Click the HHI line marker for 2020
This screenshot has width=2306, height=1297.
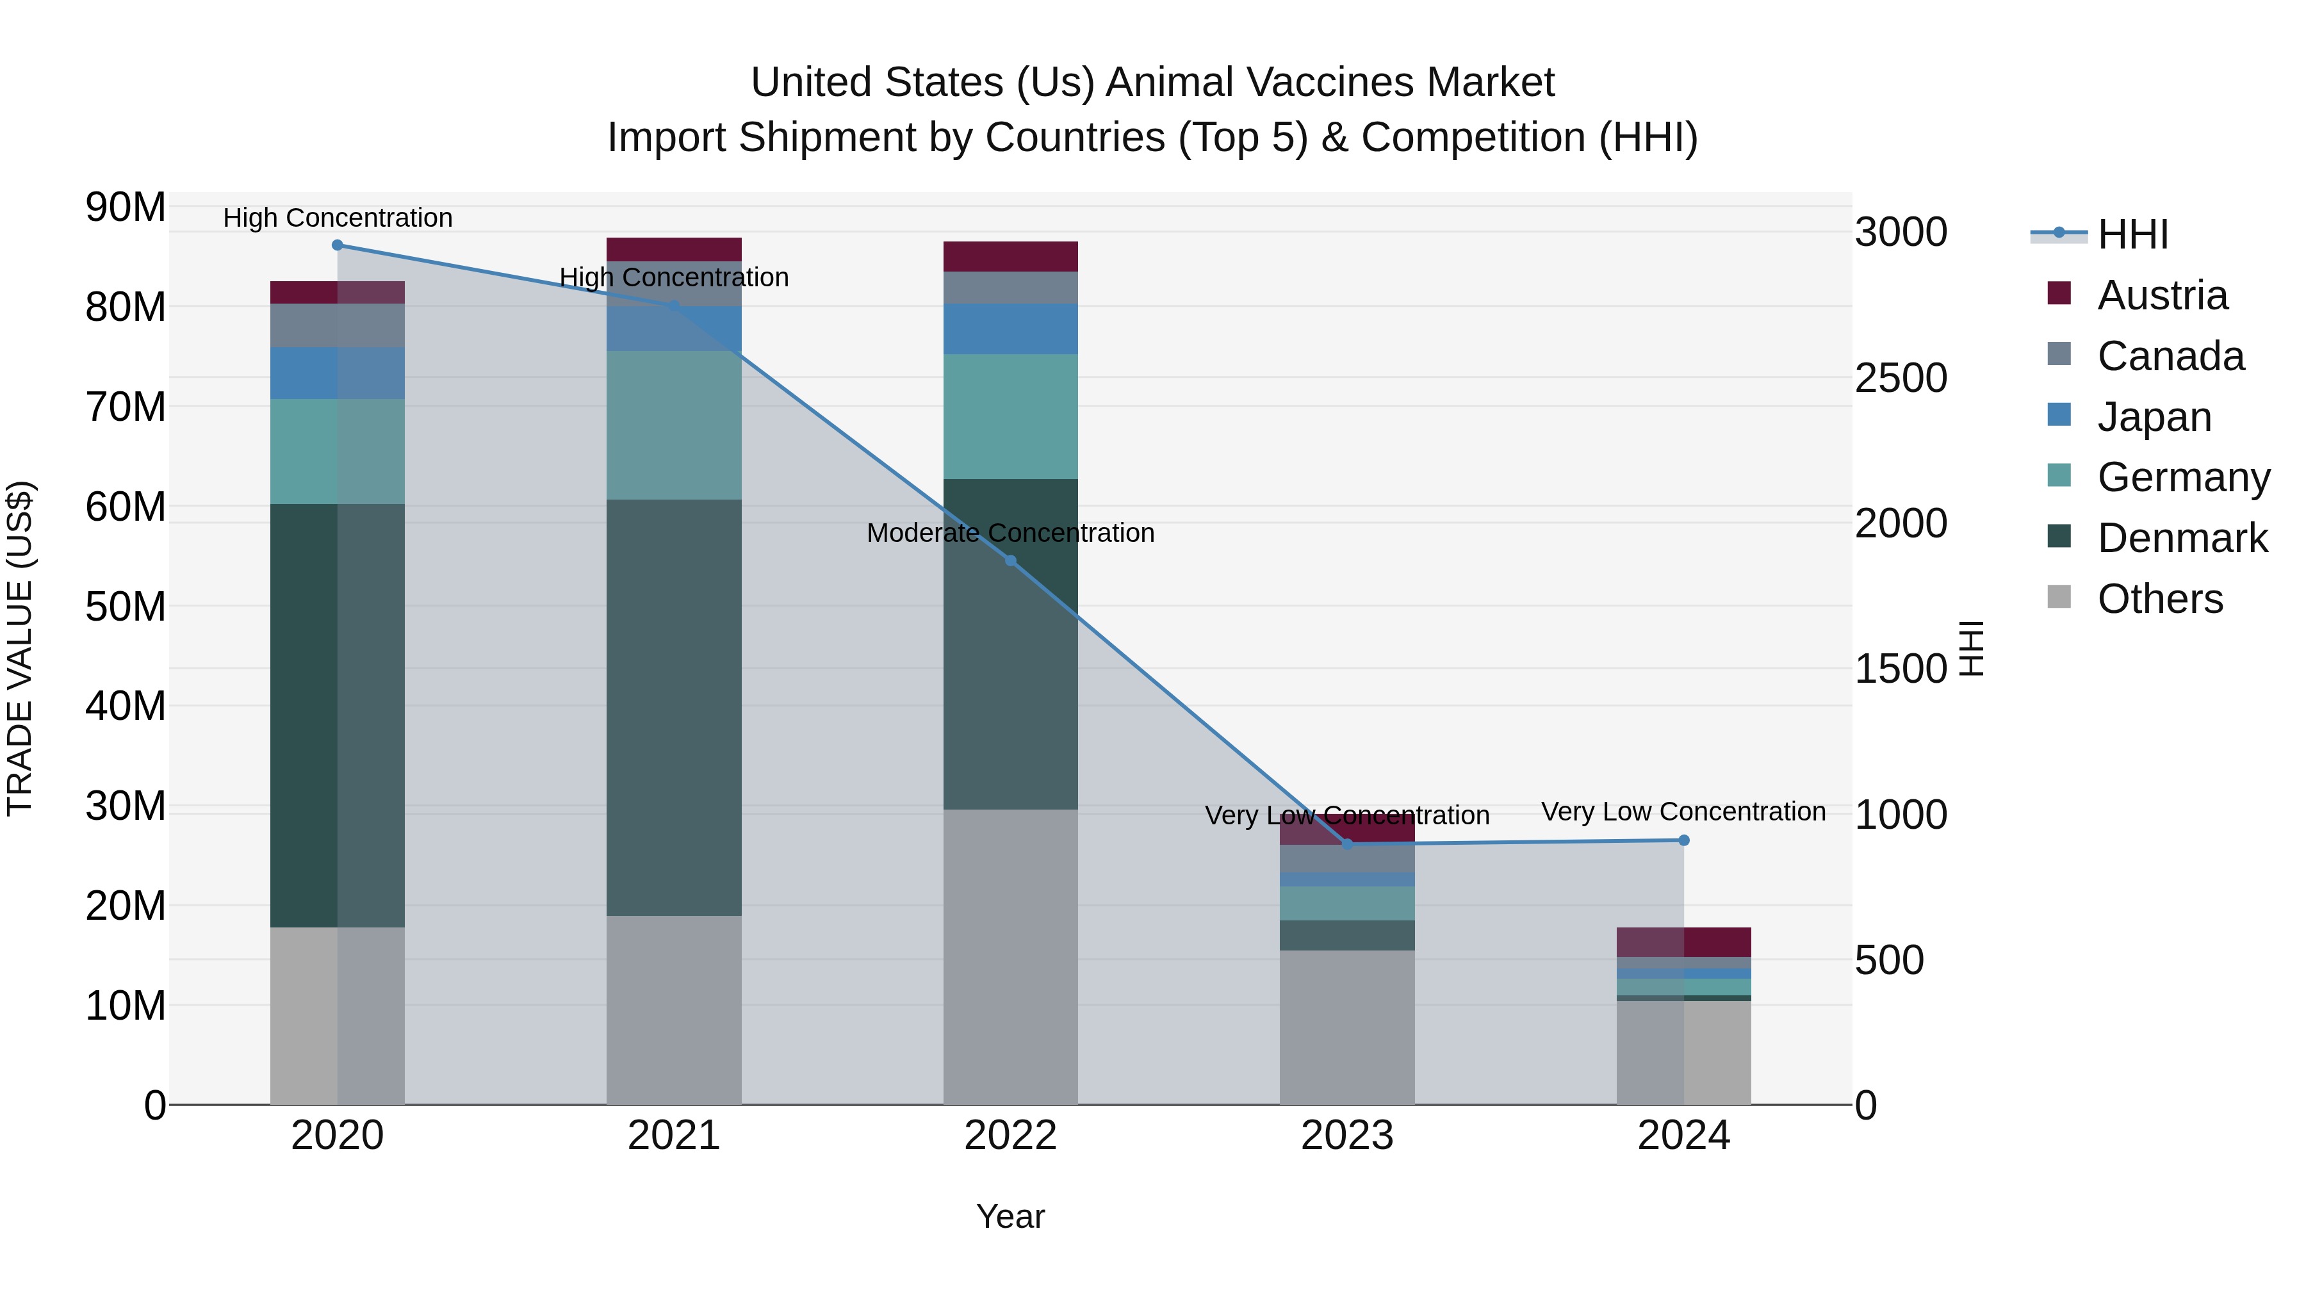point(338,245)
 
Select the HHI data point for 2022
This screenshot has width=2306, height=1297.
point(1011,560)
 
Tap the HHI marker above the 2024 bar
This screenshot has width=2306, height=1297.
point(1684,840)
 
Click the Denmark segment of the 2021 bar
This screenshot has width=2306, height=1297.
point(674,707)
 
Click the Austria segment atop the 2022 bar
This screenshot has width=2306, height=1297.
point(1011,256)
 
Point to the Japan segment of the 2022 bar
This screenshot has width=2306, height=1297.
point(1011,329)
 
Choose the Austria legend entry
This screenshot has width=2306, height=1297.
point(2162,295)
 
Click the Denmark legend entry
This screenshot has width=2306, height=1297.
point(2182,538)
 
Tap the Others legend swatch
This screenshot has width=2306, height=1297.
point(2059,597)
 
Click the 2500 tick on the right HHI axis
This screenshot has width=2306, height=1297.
point(1901,378)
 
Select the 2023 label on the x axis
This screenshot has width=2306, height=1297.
point(1346,1136)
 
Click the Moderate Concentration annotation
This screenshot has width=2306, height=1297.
point(1011,533)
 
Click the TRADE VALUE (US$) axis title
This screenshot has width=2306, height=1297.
point(20,648)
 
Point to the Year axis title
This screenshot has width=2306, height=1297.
point(1011,1216)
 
